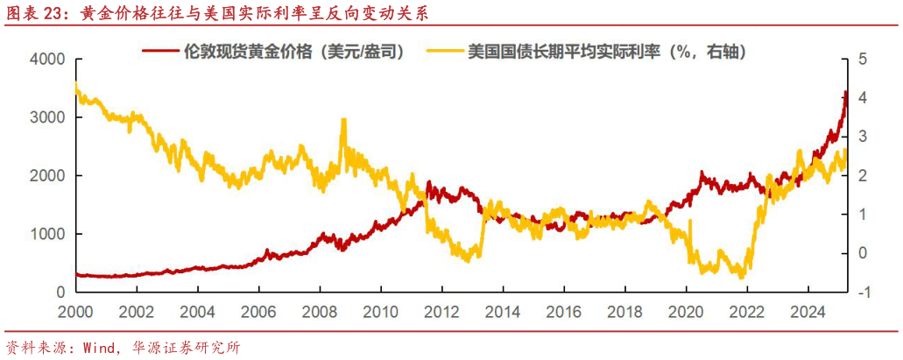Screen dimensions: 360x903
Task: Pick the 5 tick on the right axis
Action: [862, 60]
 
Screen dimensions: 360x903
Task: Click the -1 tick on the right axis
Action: [862, 293]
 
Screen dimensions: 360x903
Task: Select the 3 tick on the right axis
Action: [862, 137]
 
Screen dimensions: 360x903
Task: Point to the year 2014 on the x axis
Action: [501, 311]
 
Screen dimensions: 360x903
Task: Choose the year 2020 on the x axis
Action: [684, 311]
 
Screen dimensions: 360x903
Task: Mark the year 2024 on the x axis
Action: [806, 311]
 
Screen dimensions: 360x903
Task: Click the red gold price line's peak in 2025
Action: [845, 91]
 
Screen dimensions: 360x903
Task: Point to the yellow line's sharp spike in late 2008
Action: [342, 120]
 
